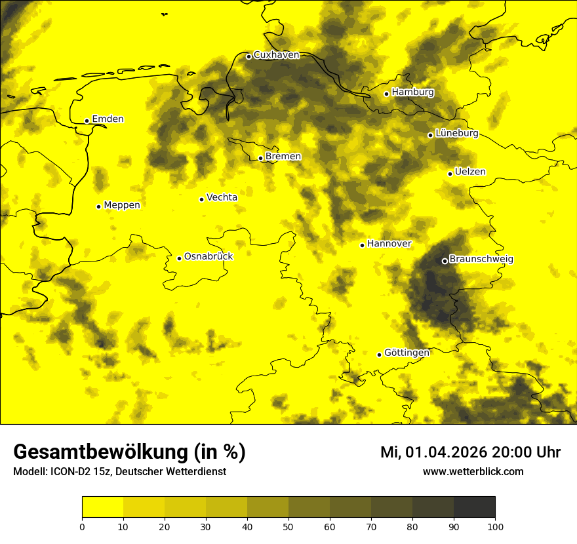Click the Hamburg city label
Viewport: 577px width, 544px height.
pyautogui.click(x=412, y=92)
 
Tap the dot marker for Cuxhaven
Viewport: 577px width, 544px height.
pyautogui.click(x=249, y=56)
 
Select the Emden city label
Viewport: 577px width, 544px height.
pyautogui.click(x=108, y=119)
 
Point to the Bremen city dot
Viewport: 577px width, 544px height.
pyautogui.click(x=260, y=158)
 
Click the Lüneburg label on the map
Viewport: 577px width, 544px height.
pyautogui.click(x=456, y=133)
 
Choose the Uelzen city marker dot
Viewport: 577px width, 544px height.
pyautogui.click(x=450, y=174)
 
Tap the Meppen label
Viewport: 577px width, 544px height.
pyautogui.click(x=121, y=205)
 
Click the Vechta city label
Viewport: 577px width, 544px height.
pyautogui.click(x=222, y=197)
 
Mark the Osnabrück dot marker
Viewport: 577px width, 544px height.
pyautogui.click(x=179, y=258)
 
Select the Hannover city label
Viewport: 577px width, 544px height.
pyautogui.click(x=389, y=244)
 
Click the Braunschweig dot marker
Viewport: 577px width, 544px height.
pyautogui.click(x=445, y=261)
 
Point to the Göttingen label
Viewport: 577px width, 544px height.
pyautogui.click(x=407, y=353)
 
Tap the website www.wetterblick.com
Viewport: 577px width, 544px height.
pyautogui.click(x=473, y=472)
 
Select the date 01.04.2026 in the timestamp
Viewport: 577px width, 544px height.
pyautogui.click(x=445, y=452)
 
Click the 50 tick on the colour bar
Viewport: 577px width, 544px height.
pyautogui.click(x=288, y=526)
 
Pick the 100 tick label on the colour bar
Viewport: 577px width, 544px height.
pyautogui.click(x=495, y=526)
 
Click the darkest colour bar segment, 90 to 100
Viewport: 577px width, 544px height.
pyautogui.click(x=474, y=507)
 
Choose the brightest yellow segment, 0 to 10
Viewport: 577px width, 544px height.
pyautogui.click(x=102, y=507)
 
